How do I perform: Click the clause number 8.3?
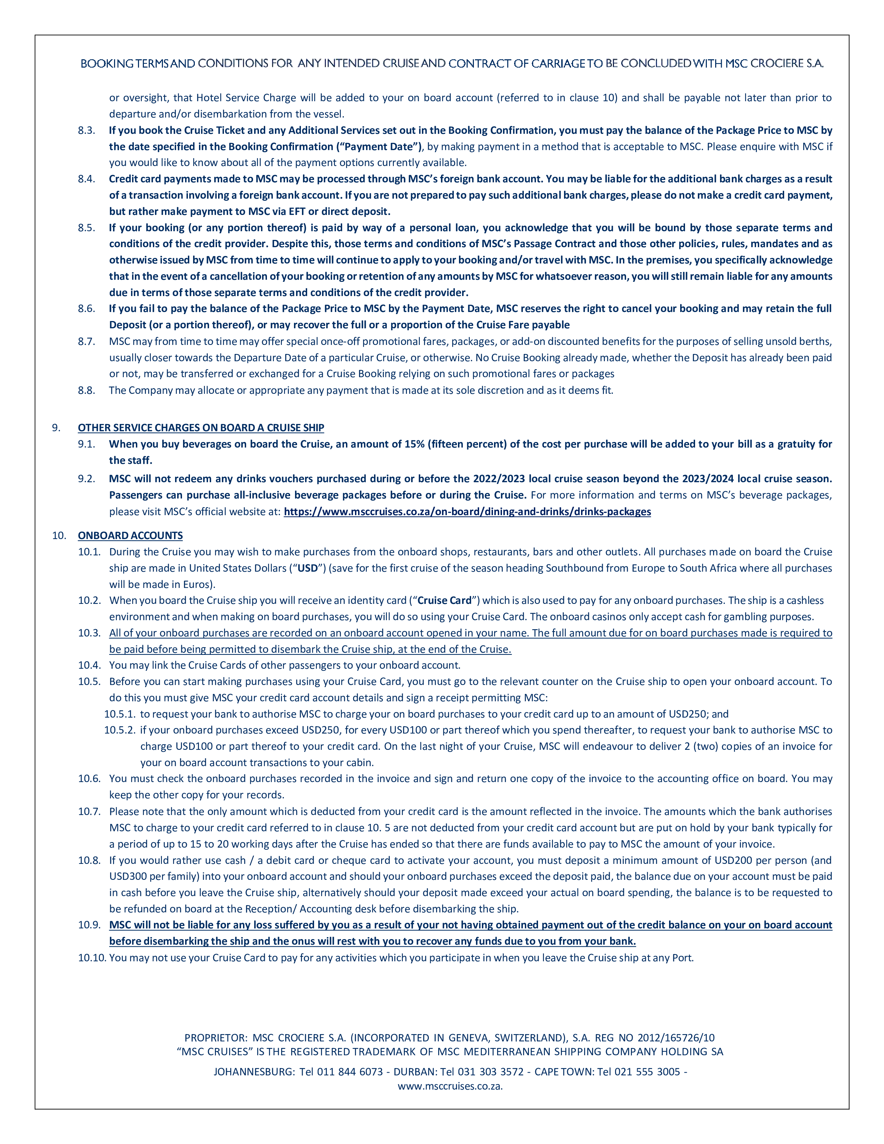point(86,130)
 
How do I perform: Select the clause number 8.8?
point(86,390)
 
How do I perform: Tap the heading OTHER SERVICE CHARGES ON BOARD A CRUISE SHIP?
point(201,428)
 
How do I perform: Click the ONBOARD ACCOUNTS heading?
point(130,535)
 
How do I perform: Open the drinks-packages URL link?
point(467,512)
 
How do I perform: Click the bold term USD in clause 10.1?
point(307,568)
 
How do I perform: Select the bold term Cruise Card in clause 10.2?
point(445,601)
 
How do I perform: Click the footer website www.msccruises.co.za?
point(449,1086)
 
